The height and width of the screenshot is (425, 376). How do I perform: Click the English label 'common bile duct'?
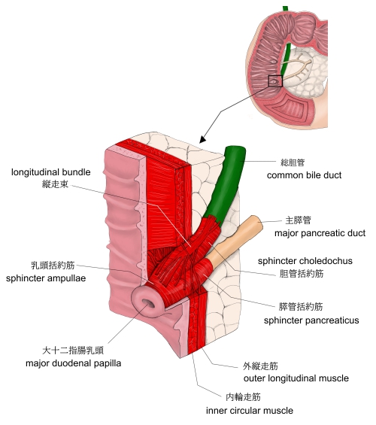click(304, 175)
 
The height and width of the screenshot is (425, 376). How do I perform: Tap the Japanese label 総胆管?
click(293, 162)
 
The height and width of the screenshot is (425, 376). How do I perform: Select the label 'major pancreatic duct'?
click(320, 233)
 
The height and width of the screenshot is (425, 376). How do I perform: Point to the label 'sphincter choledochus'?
click(305, 261)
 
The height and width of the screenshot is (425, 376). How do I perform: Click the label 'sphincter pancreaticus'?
click(311, 320)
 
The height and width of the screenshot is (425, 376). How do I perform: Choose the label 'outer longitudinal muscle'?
click(296, 378)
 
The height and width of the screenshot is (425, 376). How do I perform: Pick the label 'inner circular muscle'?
click(250, 411)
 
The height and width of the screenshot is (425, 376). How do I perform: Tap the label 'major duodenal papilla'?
click(73, 363)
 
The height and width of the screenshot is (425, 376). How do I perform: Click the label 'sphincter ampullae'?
click(46, 278)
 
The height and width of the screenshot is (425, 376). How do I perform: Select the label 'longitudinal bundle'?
click(50, 172)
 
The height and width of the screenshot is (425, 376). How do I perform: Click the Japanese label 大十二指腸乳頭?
click(73, 351)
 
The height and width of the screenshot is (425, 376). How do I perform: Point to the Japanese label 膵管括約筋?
click(301, 307)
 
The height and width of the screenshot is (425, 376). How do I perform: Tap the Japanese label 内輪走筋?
click(243, 397)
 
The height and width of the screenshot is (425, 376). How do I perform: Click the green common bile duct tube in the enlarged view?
click(228, 184)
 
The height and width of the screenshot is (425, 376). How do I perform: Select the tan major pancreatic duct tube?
click(236, 239)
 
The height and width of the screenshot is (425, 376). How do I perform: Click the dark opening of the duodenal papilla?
click(148, 303)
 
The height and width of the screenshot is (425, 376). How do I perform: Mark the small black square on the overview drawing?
click(275, 81)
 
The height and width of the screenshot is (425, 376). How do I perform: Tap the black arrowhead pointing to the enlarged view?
click(202, 139)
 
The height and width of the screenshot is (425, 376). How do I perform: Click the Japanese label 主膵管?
click(298, 220)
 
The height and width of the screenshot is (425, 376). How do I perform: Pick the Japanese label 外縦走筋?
click(260, 366)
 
